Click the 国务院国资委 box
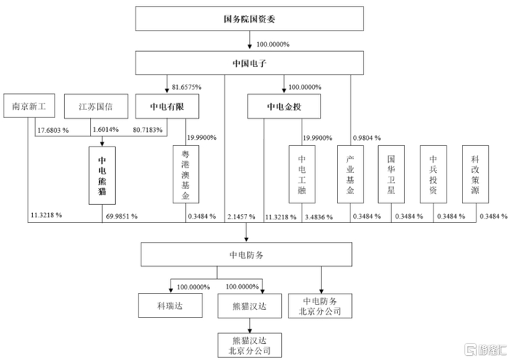click(249, 18)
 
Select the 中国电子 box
click(249, 63)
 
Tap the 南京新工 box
click(29, 106)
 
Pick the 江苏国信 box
click(96, 106)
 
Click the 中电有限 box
click(167, 106)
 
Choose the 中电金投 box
click(284, 106)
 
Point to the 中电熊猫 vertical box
click(102, 176)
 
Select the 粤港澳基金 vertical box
click(186, 174)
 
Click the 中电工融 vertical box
click(302, 174)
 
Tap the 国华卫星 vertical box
click(391, 174)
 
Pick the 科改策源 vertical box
click(475, 174)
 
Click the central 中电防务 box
click(246, 254)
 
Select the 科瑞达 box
click(170, 305)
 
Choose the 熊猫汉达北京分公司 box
click(250, 345)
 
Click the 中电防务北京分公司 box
click(320, 306)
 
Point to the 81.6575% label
click(187, 87)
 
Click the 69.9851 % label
click(122, 216)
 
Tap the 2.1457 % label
click(241, 216)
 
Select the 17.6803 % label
click(53, 130)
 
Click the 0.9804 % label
click(367, 138)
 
